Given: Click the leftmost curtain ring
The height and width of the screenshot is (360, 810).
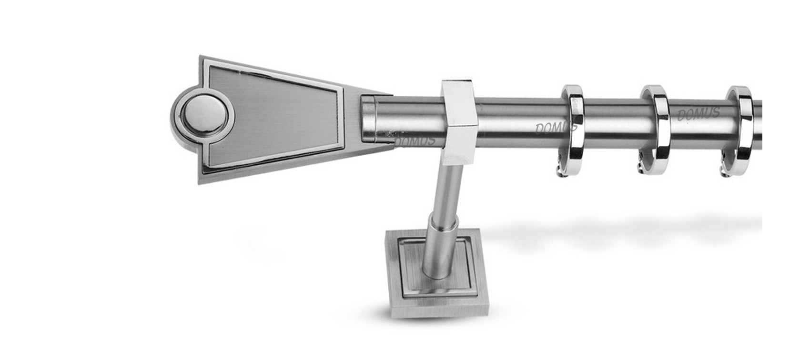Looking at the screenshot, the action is [x=573, y=130].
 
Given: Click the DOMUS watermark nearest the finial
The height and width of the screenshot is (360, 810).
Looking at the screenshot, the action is [x=415, y=141].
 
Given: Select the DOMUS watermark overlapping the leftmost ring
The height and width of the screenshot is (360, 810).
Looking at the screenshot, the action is [x=556, y=125].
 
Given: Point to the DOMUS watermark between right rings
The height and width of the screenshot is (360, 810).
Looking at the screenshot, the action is [x=698, y=113].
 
